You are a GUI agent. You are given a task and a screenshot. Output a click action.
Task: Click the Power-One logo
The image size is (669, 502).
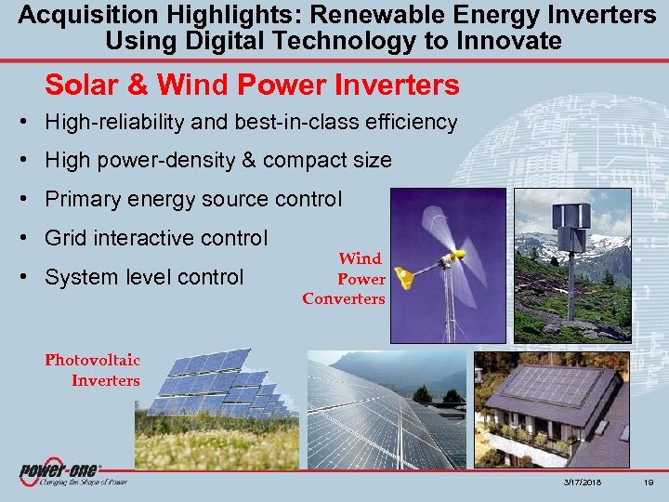coord(60,473)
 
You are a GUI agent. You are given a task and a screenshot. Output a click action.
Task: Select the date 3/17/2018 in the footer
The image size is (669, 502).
coord(581,483)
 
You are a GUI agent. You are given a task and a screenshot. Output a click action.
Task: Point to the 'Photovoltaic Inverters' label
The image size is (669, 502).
coord(93,370)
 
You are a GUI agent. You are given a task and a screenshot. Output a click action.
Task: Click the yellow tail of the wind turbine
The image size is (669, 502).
coord(404,277)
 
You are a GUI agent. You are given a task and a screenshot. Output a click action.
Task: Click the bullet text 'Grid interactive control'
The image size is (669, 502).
coord(156,238)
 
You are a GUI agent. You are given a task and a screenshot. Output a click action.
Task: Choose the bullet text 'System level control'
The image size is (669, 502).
coord(144,277)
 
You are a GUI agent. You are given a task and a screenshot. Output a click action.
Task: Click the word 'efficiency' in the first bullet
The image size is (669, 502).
coord(410,122)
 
